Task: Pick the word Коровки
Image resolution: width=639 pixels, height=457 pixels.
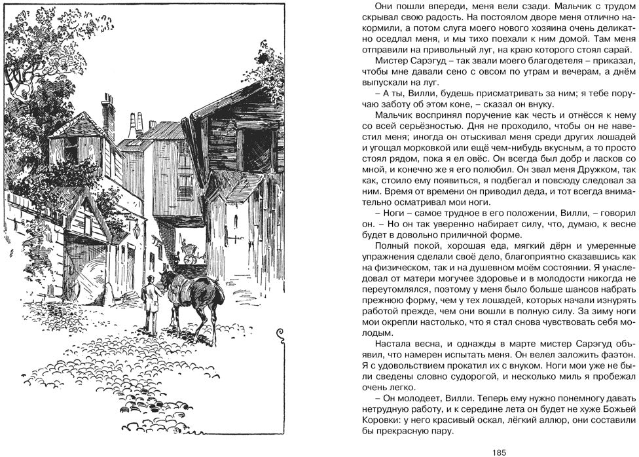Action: (x=379, y=421)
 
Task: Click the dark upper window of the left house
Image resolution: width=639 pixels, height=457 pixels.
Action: (x=71, y=149)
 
